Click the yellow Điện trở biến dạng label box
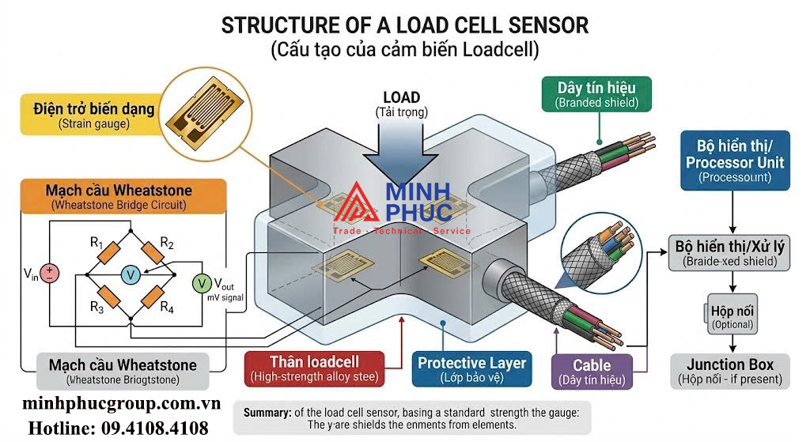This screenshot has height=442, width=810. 93,114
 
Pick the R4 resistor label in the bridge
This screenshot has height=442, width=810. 166,307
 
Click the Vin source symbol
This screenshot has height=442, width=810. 49,274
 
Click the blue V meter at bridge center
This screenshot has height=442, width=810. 131,274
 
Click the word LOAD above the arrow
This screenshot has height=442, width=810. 401,97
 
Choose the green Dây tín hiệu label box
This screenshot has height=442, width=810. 596,93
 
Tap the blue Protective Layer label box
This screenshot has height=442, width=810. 471,369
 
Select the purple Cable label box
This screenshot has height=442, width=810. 592,372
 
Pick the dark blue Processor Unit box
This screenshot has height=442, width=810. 735,161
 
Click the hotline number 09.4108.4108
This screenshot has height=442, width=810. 119,429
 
